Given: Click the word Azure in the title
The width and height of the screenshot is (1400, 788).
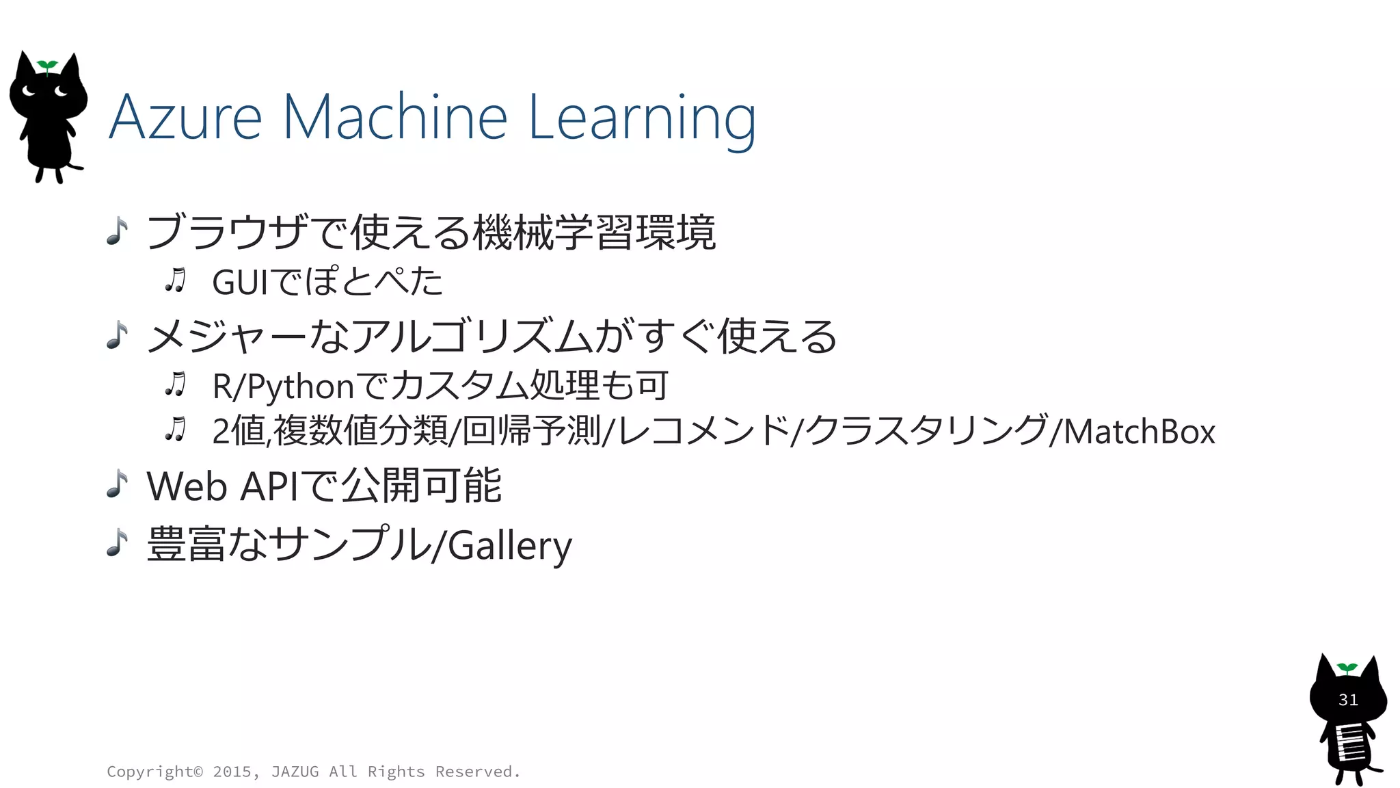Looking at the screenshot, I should [x=185, y=118].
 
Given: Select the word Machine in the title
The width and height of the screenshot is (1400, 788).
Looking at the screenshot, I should [x=394, y=118].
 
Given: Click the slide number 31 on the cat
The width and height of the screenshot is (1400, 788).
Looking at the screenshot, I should [x=1347, y=700].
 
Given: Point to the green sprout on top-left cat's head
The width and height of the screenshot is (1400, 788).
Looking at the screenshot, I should [x=47, y=66].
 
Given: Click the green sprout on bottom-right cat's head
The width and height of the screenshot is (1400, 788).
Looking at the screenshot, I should [x=1347, y=668].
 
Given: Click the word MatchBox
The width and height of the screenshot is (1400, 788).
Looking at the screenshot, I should [x=1140, y=432].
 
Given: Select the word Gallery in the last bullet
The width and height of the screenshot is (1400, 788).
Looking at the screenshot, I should [x=510, y=546].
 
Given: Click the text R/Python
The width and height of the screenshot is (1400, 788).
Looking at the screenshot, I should [x=282, y=387].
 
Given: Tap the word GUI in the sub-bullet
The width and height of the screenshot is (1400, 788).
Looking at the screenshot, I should [x=241, y=283].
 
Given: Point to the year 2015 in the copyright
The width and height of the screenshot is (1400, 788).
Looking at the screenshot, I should [x=232, y=772].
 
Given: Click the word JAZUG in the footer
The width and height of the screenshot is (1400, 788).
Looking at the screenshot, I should [x=295, y=772].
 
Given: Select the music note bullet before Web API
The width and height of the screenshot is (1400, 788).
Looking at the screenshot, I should [x=118, y=484].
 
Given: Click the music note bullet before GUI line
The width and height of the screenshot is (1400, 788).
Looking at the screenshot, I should [x=176, y=280].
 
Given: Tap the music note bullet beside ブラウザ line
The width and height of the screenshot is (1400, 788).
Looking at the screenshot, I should [x=118, y=231].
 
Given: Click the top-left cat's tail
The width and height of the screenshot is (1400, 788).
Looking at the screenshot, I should [x=75, y=166].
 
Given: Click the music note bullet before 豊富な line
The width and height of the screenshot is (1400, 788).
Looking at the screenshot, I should [x=118, y=543].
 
